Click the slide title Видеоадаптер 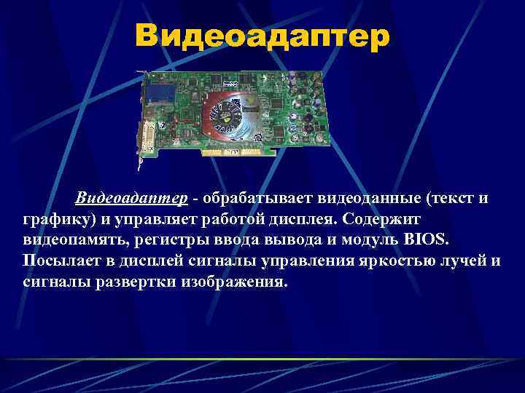tap(262, 36)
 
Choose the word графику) tap(57, 219)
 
